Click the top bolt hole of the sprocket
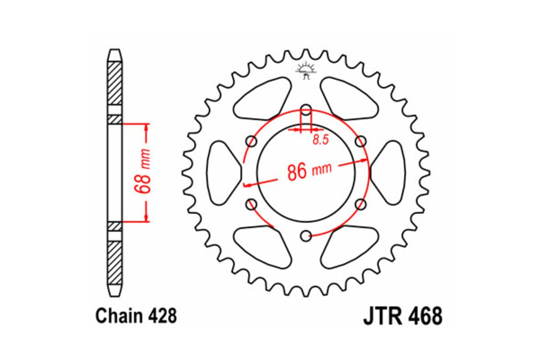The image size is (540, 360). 306,109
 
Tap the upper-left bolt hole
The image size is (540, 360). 252,142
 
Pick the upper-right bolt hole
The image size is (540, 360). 360,142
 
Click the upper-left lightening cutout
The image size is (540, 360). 262,98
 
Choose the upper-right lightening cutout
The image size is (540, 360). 350,98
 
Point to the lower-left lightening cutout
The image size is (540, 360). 262,247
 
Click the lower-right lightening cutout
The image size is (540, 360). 350,247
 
